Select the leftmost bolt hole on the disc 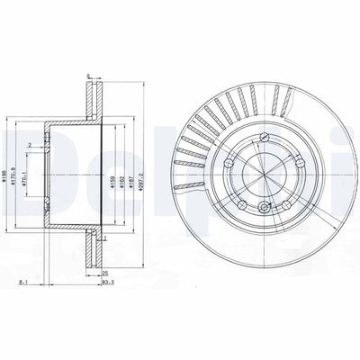(x=230, y=165)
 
